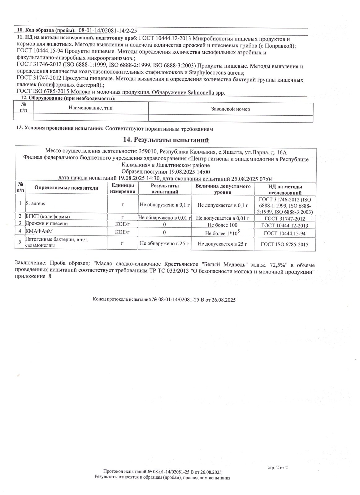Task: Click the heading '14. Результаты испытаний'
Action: click(x=166, y=140)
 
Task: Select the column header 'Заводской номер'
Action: click(x=230, y=109)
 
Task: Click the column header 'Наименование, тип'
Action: click(x=90, y=108)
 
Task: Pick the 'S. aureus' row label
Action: click(x=36, y=204)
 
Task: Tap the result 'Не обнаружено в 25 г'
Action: click(x=164, y=243)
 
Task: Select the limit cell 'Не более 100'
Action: click(x=223, y=225)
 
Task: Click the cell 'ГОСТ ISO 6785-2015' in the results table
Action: click(x=284, y=244)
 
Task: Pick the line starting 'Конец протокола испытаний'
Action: click(x=164, y=299)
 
